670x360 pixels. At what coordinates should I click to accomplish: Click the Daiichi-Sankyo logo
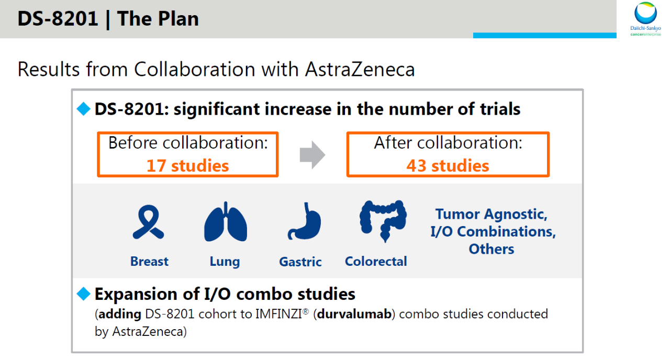pyautogui.click(x=645, y=18)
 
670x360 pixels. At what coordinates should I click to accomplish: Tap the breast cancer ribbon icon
pyautogui.click(x=148, y=221)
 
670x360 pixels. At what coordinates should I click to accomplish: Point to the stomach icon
pyautogui.click(x=305, y=221)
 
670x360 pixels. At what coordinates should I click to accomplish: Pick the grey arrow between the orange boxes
pyautogui.click(x=312, y=155)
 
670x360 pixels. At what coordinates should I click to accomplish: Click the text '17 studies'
pyautogui.click(x=187, y=166)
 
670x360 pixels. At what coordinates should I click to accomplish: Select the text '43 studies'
pyautogui.click(x=448, y=166)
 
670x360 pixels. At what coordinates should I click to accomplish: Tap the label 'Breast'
pyautogui.click(x=149, y=261)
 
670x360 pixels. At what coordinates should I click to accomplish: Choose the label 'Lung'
pyautogui.click(x=225, y=262)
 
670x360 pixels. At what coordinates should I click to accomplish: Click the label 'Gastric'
pyautogui.click(x=300, y=262)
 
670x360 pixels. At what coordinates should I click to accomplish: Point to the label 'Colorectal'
pyautogui.click(x=376, y=261)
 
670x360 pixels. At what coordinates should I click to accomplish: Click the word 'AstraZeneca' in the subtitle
pyautogui.click(x=360, y=70)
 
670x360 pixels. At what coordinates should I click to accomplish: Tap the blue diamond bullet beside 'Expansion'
pyautogui.click(x=83, y=294)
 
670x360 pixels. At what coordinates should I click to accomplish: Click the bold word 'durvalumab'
pyautogui.click(x=354, y=314)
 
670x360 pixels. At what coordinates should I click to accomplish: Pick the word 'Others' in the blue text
pyautogui.click(x=492, y=249)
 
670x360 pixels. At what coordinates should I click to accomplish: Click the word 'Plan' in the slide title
pyautogui.click(x=178, y=19)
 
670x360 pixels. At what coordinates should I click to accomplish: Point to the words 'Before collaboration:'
pyautogui.click(x=188, y=143)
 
